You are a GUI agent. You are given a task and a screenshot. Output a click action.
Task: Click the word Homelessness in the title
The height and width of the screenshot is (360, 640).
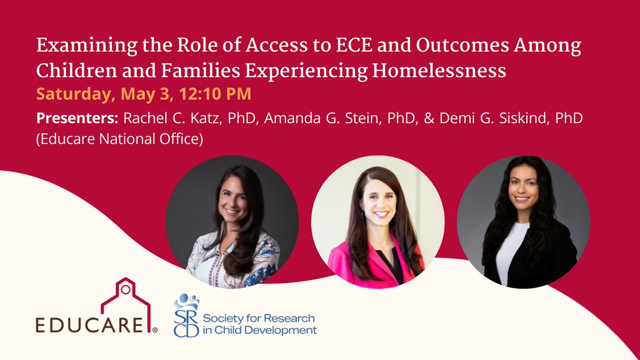point(439,71)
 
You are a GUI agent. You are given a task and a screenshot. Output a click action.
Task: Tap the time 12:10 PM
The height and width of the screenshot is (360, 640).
point(215,94)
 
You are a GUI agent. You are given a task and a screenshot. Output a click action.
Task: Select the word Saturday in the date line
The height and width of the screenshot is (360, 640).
point(75,94)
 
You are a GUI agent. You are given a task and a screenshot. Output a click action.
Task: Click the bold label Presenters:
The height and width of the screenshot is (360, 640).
point(77,118)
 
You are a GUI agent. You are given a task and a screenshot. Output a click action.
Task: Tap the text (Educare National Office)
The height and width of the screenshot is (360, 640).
point(119,139)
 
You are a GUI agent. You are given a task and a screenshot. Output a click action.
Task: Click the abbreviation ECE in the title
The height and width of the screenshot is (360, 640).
point(354,45)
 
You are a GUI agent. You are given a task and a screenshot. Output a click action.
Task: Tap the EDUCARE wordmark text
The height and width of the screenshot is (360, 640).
point(89,325)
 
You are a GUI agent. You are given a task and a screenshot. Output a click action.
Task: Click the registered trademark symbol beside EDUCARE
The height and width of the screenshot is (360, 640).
point(155,330)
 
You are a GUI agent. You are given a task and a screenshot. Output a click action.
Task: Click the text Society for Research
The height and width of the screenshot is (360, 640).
point(259,318)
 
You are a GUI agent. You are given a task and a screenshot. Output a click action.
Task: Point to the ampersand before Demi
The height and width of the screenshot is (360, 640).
point(429,118)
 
